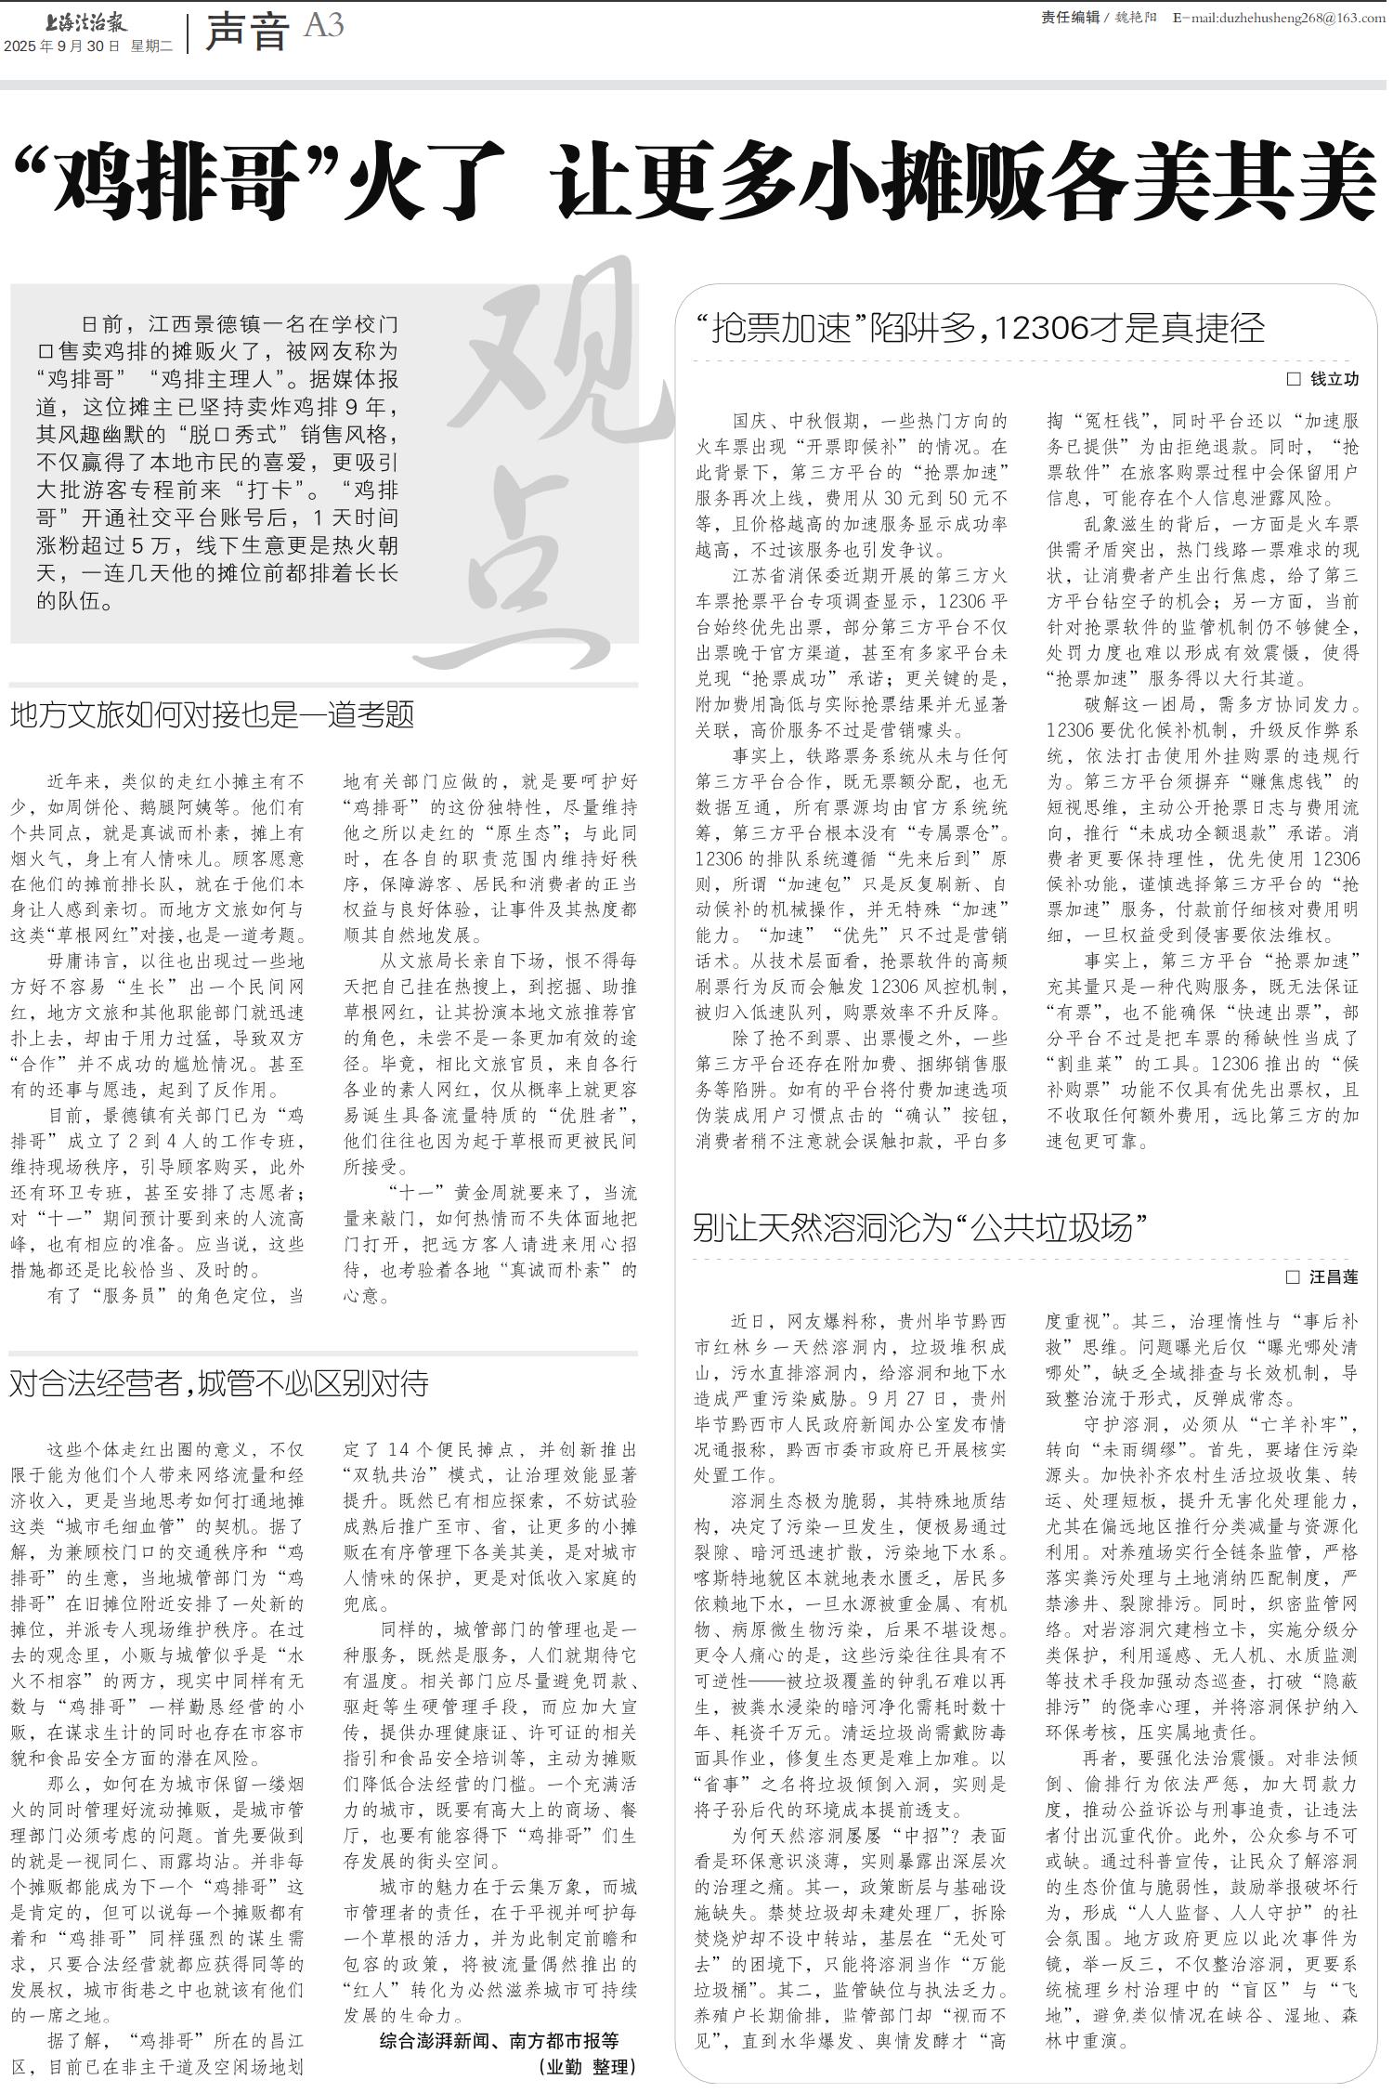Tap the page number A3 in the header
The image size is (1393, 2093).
[324, 25]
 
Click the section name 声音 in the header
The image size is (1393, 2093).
[246, 33]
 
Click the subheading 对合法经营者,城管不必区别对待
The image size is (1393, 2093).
[219, 1384]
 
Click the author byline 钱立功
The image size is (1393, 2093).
[1334, 379]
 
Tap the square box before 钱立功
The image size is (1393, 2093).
[1293, 379]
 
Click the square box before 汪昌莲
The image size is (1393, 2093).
[1292, 1277]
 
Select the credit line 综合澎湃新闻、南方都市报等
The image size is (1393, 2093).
[500, 2041]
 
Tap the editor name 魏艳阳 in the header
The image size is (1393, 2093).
[1135, 18]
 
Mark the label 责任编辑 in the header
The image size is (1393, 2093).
[1070, 18]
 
